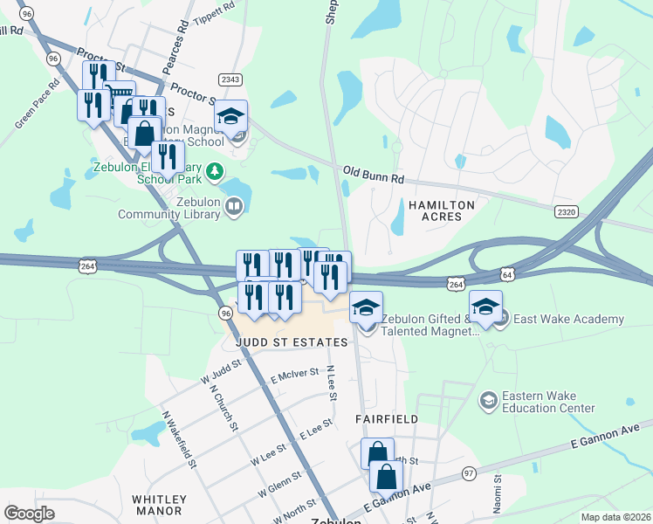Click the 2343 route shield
tap(230, 79)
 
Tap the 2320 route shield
tap(567, 211)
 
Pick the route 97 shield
tap(469, 472)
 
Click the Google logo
tap(30, 514)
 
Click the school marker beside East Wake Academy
tap(500, 319)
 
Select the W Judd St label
tap(219, 374)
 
